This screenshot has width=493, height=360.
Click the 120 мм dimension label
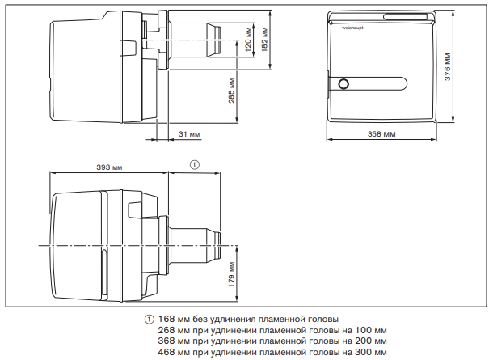(x=248, y=40)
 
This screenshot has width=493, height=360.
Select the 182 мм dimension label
(x=264, y=40)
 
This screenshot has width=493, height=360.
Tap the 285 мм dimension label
(x=231, y=91)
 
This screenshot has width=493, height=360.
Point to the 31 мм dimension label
(x=189, y=134)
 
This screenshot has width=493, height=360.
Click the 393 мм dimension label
(x=109, y=167)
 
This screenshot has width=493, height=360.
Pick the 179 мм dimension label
(x=231, y=274)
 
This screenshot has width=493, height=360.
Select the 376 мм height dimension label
(x=448, y=66)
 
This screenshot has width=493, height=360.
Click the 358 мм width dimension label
(x=381, y=134)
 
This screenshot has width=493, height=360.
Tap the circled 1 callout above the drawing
(x=195, y=164)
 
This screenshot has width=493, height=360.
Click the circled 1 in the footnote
(x=149, y=320)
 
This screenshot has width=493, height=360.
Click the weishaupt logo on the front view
(x=352, y=28)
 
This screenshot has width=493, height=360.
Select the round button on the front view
(x=343, y=84)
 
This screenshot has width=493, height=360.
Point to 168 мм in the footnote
(x=171, y=319)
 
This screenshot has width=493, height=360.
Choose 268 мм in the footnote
(x=171, y=330)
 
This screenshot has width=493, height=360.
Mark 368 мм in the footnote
(x=171, y=341)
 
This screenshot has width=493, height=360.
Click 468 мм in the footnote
(x=171, y=351)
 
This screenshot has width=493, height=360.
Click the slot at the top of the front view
(x=405, y=17)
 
